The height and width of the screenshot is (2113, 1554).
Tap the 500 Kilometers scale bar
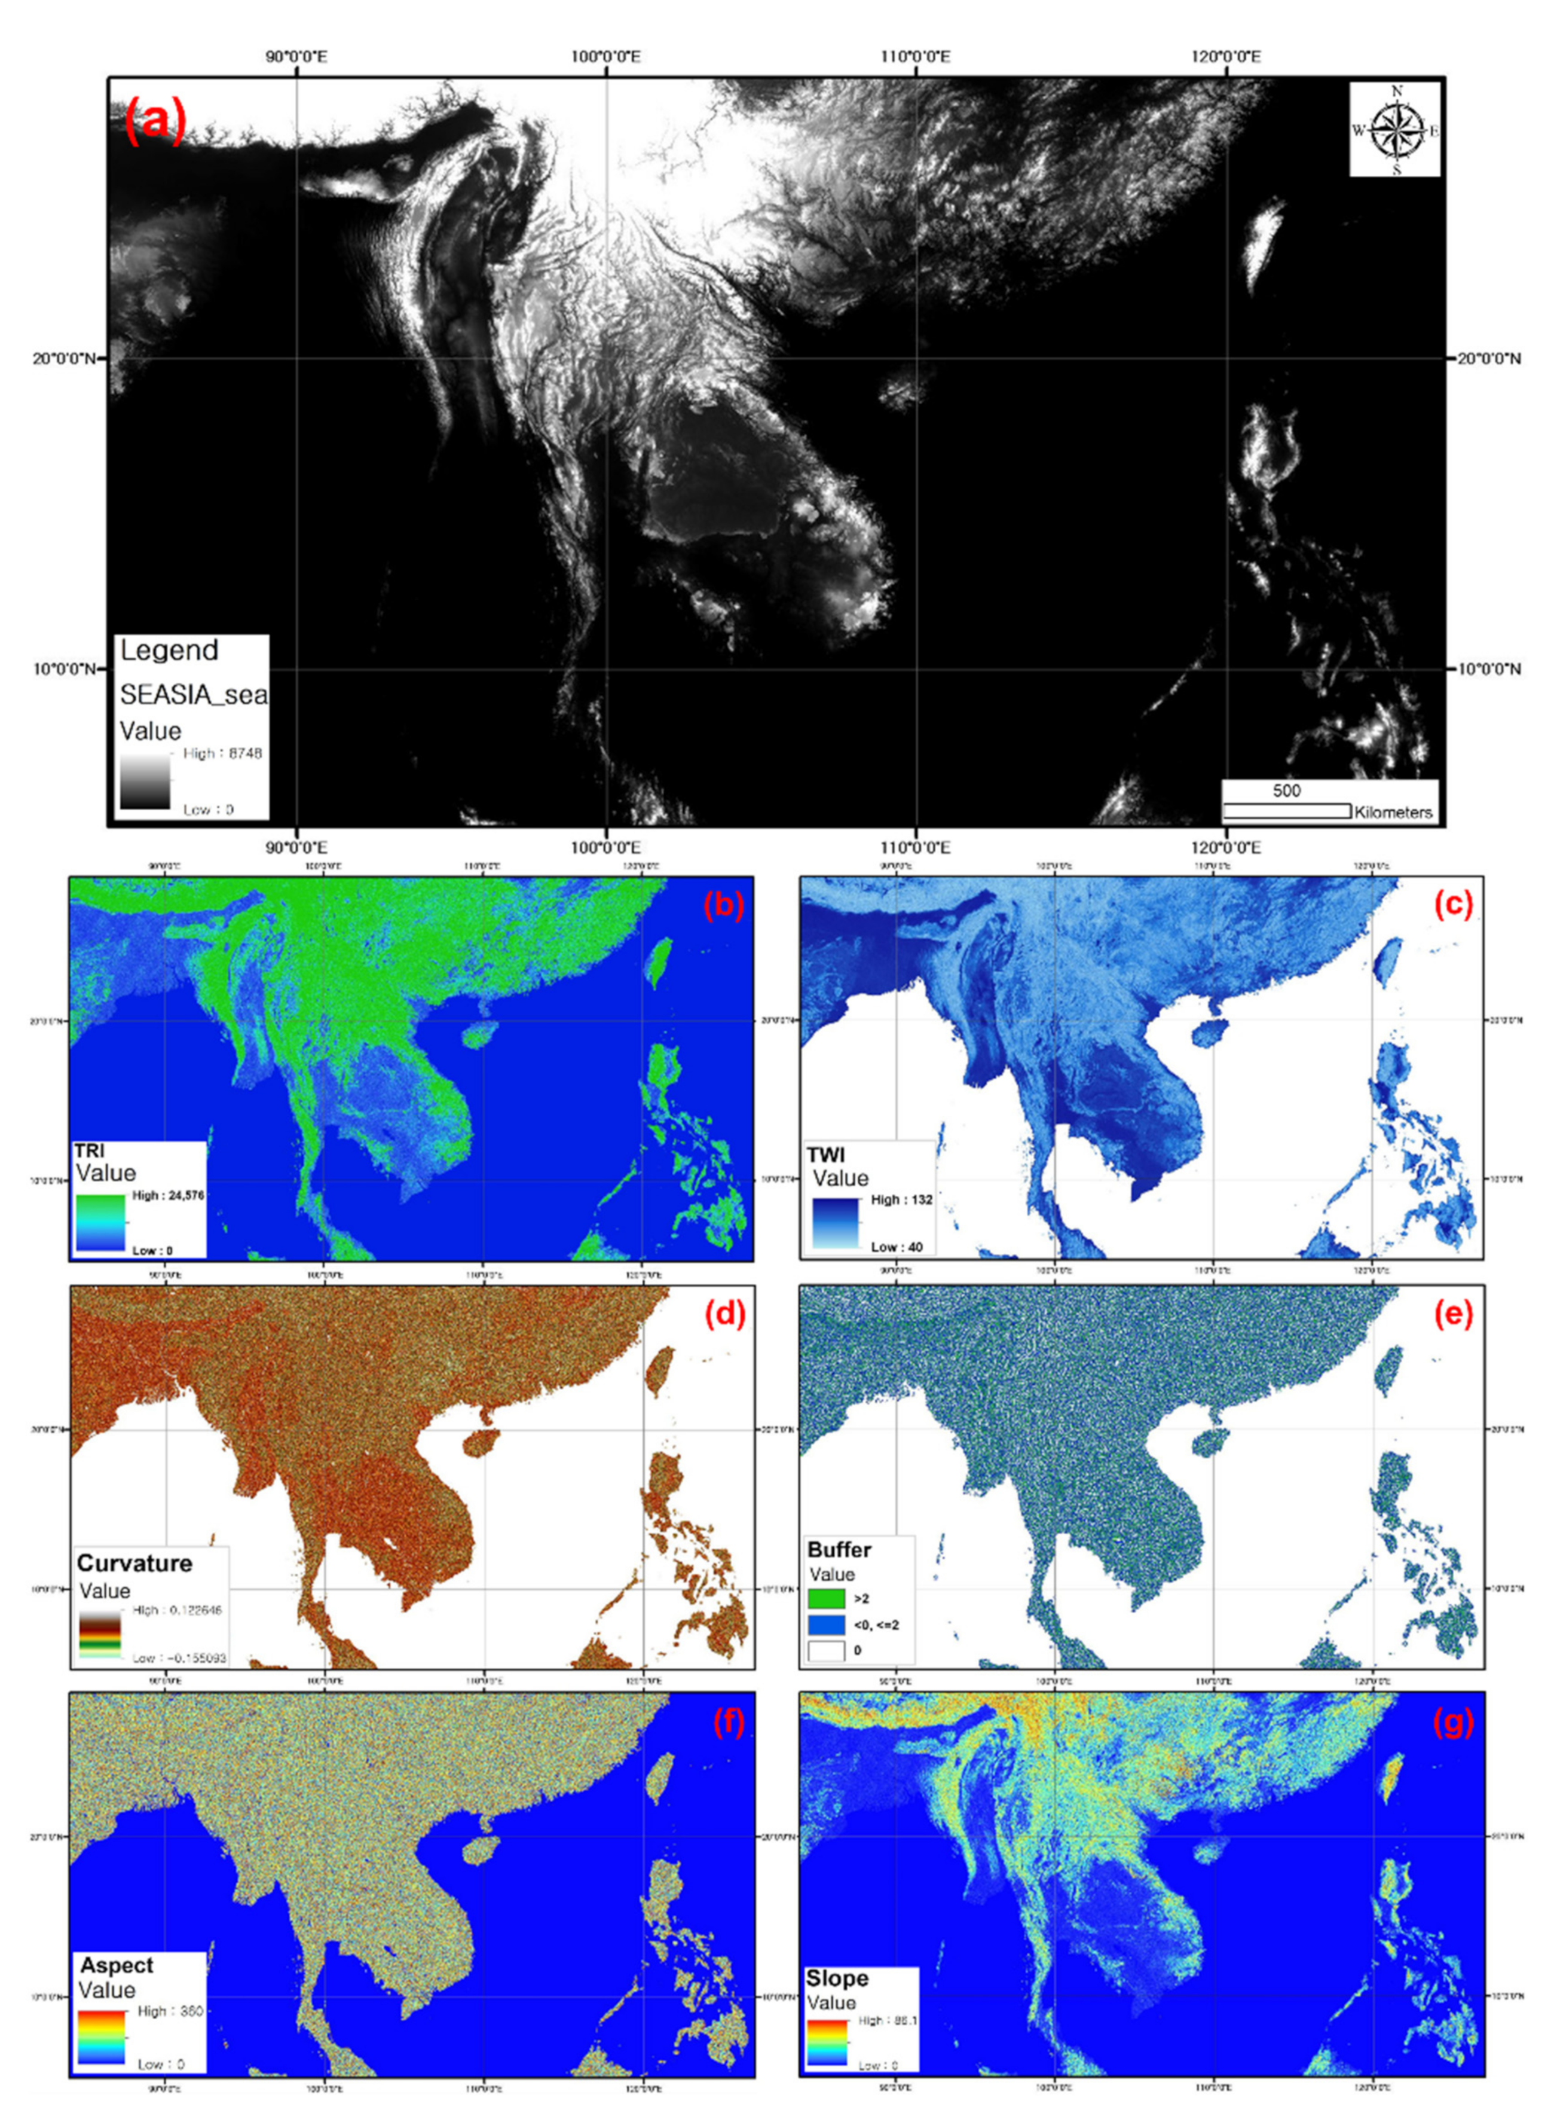(1286, 809)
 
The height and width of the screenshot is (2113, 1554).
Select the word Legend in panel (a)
(169, 650)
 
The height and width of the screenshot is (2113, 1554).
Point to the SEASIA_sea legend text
(193, 694)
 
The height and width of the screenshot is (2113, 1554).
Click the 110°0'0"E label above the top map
(915, 57)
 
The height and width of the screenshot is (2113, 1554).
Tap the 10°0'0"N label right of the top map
(1489, 669)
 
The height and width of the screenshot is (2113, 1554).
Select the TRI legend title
(90, 1150)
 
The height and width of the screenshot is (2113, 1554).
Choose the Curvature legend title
(134, 1563)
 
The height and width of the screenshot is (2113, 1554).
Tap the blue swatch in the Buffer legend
(826, 1624)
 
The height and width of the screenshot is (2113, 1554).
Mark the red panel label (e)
(1454, 1314)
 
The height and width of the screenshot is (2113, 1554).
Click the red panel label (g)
(1454, 1723)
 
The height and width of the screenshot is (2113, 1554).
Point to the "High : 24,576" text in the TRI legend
(169, 1195)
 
